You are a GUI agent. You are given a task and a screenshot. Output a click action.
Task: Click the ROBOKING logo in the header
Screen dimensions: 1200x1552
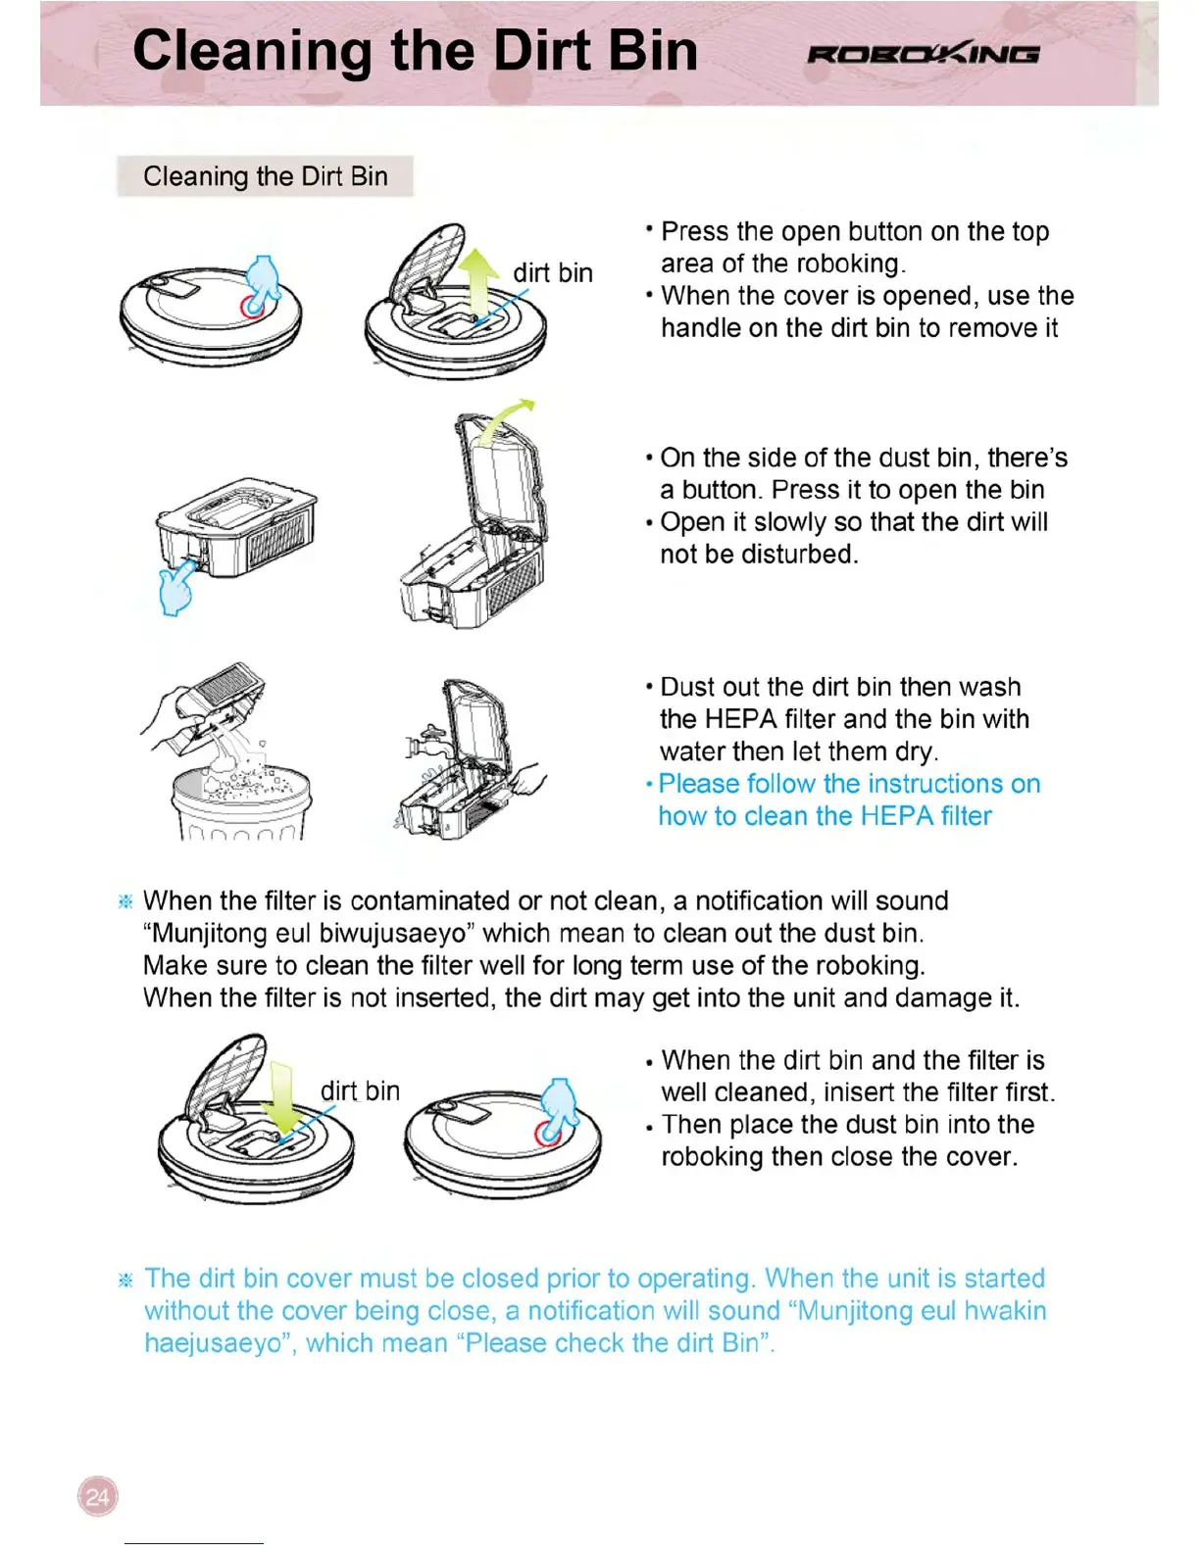pos(923,54)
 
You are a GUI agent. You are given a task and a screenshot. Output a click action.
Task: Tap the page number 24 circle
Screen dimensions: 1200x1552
pos(97,1496)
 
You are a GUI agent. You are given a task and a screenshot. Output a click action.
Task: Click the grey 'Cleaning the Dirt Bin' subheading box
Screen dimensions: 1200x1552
pos(265,176)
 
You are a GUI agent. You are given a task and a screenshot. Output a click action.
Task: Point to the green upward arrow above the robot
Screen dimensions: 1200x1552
pos(479,279)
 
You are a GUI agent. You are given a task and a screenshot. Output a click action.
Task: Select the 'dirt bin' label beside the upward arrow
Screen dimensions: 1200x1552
pos(553,272)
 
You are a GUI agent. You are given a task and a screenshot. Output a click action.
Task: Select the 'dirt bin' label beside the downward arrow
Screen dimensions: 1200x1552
pos(360,1091)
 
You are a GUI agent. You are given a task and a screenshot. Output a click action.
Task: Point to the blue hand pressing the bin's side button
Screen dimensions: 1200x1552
pos(176,588)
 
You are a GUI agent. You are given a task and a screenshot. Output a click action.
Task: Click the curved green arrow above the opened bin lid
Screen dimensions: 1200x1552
pos(510,419)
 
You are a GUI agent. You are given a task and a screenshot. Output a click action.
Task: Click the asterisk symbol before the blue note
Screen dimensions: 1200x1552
pos(125,1280)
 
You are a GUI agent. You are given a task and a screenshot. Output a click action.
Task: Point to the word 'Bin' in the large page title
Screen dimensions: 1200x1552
pos(652,51)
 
